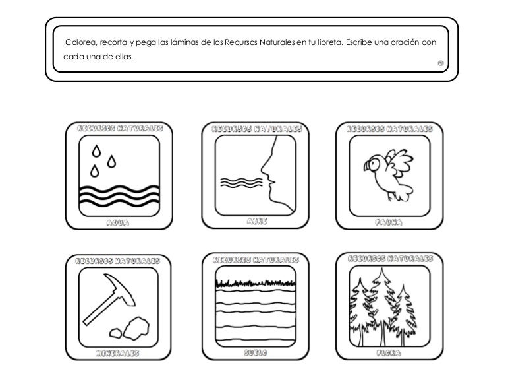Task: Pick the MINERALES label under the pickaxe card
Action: click(x=118, y=354)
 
